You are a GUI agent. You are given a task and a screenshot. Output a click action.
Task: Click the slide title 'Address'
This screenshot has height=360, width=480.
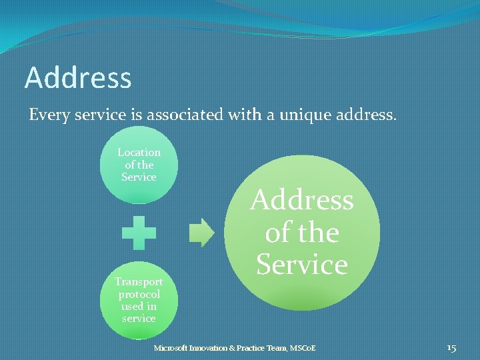click(x=78, y=78)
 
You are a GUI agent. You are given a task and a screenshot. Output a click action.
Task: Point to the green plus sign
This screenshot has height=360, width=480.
click(x=139, y=233)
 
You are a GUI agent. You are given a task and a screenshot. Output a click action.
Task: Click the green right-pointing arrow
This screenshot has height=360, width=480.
click(x=202, y=233)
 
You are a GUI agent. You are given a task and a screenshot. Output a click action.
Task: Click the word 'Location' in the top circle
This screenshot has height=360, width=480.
click(x=139, y=152)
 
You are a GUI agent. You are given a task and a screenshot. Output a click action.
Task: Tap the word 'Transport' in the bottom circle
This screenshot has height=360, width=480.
click(x=139, y=282)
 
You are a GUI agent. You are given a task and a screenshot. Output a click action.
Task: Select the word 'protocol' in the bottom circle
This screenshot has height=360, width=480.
click(x=139, y=294)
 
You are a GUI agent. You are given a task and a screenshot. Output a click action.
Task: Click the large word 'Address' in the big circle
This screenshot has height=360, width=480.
click(x=302, y=200)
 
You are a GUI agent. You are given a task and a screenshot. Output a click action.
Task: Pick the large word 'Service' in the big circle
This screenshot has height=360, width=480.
click(x=302, y=265)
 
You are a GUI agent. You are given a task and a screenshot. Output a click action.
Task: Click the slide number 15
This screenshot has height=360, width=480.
click(x=451, y=348)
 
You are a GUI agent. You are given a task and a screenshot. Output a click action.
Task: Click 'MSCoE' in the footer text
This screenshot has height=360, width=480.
click(x=301, y=348)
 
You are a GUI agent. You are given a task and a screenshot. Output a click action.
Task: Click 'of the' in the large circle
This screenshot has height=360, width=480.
click(x=302, y=233)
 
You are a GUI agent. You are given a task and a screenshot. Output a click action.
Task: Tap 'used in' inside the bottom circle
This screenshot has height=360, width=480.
click(x=139, y=306)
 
